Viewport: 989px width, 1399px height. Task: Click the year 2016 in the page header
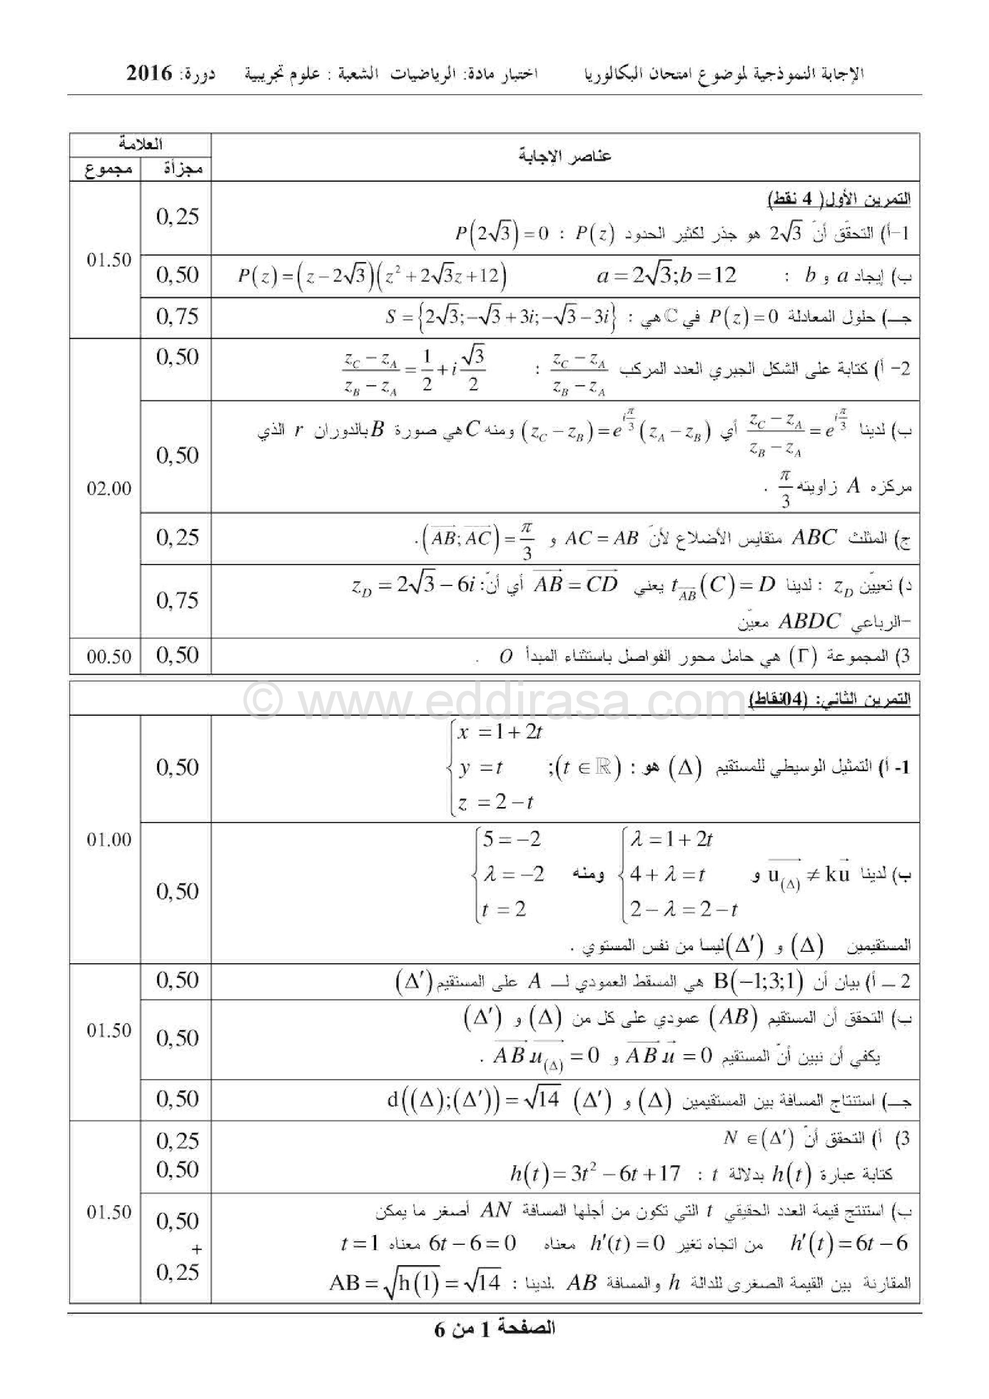tap(150, 74)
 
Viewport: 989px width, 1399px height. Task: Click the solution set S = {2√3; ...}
tap(501, 317)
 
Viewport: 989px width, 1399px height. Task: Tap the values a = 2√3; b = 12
tap(666, 276)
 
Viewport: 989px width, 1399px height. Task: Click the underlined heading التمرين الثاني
tap(829, 700)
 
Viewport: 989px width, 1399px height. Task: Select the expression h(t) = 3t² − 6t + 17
tap(595, 1173)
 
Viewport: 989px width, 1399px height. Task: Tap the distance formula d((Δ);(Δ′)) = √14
tap(473, 1099)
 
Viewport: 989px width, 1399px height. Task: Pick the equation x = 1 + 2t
tap(499, 732)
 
